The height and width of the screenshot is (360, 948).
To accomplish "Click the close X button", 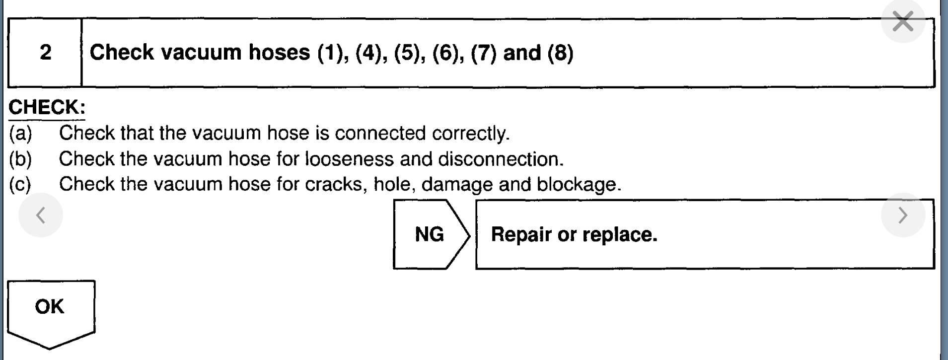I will (903, 22).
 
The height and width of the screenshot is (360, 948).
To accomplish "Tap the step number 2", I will (45, 53).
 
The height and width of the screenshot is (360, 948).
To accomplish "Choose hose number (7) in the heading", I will (484, 53).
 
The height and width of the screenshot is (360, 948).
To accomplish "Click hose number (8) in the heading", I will (561, 53).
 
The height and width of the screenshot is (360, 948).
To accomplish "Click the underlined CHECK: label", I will (47, 107).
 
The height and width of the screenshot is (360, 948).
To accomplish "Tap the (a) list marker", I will (20, 133).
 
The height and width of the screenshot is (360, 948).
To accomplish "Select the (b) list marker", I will (20, 159).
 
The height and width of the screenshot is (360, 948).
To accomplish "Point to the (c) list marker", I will (20, 185).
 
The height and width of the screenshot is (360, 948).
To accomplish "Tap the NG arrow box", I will (430, 234).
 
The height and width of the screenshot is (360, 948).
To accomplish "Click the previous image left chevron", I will (41, 215).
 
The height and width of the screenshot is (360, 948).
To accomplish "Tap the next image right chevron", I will (903, 215).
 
